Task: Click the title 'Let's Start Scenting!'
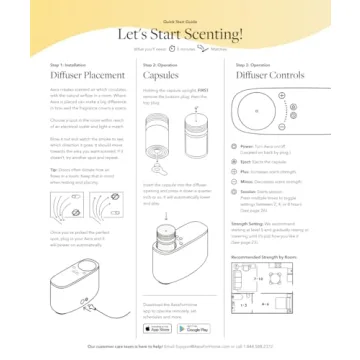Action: click(x=180, y=33)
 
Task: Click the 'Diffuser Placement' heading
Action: click(x=88, y=74)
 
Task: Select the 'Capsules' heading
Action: click(x=162, y=74)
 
